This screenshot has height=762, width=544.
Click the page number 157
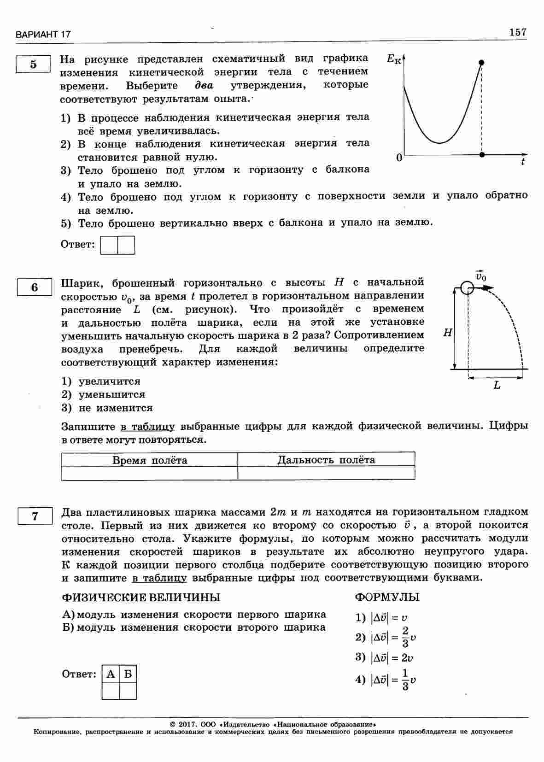click(518, 32)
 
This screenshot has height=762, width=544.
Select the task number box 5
click(33, 64)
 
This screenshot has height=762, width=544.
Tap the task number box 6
click(35, 287)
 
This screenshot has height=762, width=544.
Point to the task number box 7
click(35, 516)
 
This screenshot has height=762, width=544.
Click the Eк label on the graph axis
click(393, 59)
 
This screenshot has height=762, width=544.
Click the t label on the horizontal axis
click(523, 162)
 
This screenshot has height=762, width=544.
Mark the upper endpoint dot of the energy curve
click(482, 63)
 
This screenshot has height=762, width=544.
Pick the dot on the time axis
click(482, 155)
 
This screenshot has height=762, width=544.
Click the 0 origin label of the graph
click(399, 158)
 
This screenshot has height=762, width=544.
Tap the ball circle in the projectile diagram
click(467, 289)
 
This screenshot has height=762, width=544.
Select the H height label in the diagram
click(447, 333)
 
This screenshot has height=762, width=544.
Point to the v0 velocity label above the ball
click(480, 276)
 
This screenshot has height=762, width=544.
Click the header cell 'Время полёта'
click(150, 460)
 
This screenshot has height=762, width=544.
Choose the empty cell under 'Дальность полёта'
click(326, 473)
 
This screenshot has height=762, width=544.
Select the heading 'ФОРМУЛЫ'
click(387, 598)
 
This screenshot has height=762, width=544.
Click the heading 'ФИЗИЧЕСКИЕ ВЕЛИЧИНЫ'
click(141, 598)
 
